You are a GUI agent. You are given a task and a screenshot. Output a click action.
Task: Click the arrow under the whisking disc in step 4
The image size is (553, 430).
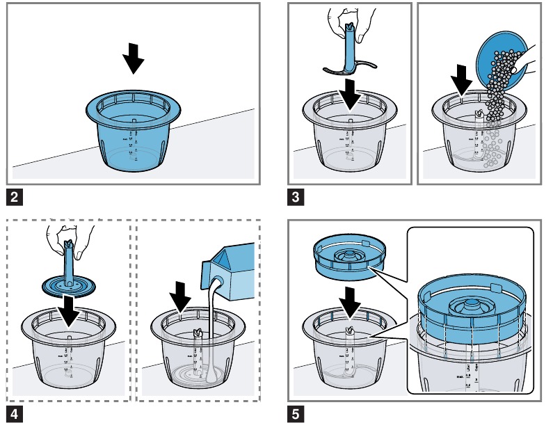pos(69,311)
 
